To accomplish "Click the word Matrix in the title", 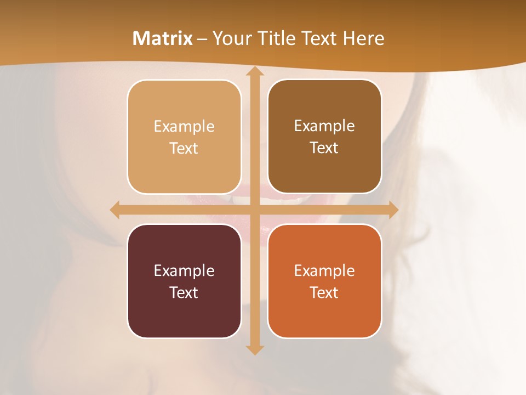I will pyautogui.click(x=163, y=38).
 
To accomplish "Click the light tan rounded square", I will pyautogui.click(x=184, y=165).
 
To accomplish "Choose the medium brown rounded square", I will pyautogui.click(x=324, y=165).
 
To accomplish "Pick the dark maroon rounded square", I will pyautogui.click(x=184, y=313).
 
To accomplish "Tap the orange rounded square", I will pyautogui.click(x=324, y=313).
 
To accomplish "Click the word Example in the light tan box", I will pyautogui.click(x=184, y=127).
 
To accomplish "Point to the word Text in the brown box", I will pyautogui.click(x=324, y=148).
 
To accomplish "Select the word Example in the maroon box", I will pyautogui.click(x=184, y=270).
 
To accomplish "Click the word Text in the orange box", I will pyautogui.click(x=324, y=292).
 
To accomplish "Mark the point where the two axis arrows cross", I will pyautogui.click(x=254, y=210).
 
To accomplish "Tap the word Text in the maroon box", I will pyautogui.click(x=184, y=292).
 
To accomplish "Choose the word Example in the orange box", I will pyautogui.click(x=324, y=270).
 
